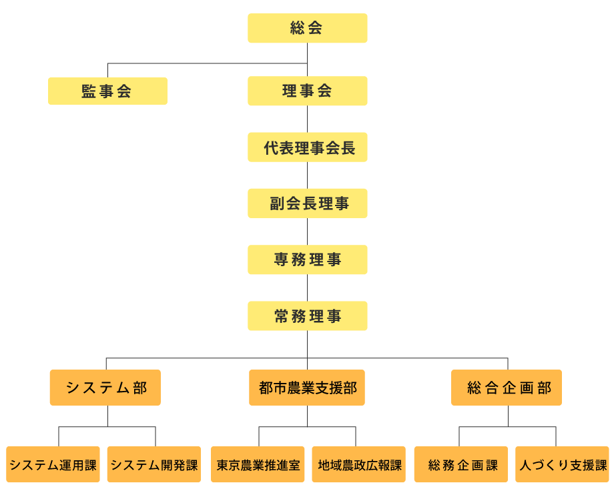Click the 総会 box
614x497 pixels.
[x=307, y=28]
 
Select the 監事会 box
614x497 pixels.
[x=107, y=91]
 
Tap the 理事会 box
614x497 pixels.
[x=307, y=91]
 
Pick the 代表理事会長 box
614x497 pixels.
[x=307, y=147]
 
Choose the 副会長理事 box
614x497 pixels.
[x=307, y=203]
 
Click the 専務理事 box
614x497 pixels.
[x=307, y=260]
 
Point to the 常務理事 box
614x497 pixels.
[x=307, y=316]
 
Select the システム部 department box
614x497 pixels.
[x=105, y=388]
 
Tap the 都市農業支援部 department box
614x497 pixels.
[x=307, y=388]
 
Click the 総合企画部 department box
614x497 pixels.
[x=507, y=388]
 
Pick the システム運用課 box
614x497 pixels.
[x=53, y=464]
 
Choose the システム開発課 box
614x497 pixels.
[x=155, y=464]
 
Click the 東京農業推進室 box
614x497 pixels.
[x=258, y=464]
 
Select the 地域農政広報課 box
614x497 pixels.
[x=358, y=464]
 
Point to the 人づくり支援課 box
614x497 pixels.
[x=562, y=464]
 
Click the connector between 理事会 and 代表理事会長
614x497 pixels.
[x=307, y=119]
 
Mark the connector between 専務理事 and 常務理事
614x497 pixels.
[x=307, y=288]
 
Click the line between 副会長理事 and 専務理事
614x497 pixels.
[x=307, y=231]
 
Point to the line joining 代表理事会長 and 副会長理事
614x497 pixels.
[x=307, y=175]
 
